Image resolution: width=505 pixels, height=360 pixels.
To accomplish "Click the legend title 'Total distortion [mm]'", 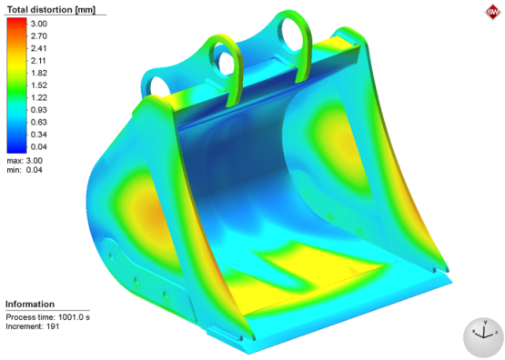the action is (51, 10).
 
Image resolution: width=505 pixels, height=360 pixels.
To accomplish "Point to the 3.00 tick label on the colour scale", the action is (39, 24).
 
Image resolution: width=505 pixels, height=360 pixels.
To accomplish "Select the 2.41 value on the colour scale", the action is (39, 48).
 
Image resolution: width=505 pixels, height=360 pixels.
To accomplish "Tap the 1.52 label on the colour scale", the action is (39, 85).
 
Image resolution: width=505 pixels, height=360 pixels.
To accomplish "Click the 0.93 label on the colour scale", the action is (39, 110).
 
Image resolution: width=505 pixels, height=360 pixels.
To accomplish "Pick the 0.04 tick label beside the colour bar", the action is (39, 147).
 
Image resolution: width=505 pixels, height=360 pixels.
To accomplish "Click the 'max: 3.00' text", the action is (25, 161).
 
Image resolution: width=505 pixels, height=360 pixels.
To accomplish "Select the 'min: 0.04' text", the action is (25, 170).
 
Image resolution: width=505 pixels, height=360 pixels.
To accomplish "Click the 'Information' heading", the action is (30, 304).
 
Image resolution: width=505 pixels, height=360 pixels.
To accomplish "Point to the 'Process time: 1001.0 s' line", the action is (47, 317).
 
